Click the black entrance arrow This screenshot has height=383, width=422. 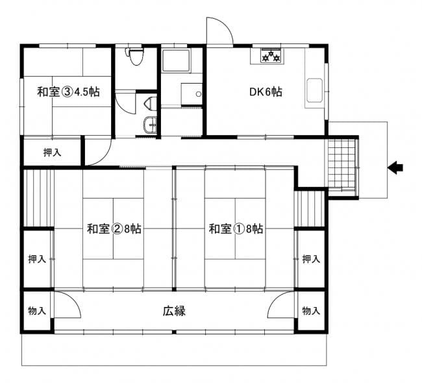point(395,168)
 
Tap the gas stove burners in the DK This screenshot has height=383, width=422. point(271,56)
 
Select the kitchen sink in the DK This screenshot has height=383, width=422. point(315,90)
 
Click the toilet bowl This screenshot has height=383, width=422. point(136,56)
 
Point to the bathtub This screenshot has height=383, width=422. point(177,60)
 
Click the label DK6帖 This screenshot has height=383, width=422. point(266,92)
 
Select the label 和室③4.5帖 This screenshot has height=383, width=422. point(68,92)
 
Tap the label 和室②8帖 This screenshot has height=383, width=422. point(114,229)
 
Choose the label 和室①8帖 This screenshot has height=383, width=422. point(236,229)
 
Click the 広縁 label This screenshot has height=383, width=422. point(174,311)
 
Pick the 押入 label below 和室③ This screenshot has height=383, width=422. point(53,153)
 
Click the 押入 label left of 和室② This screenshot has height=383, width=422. point(37,259)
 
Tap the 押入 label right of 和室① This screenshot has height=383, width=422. point(311,259)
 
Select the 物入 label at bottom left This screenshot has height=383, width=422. point(37,311)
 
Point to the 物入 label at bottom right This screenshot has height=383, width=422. point(311,311)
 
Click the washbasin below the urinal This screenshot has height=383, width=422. point(150,125)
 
